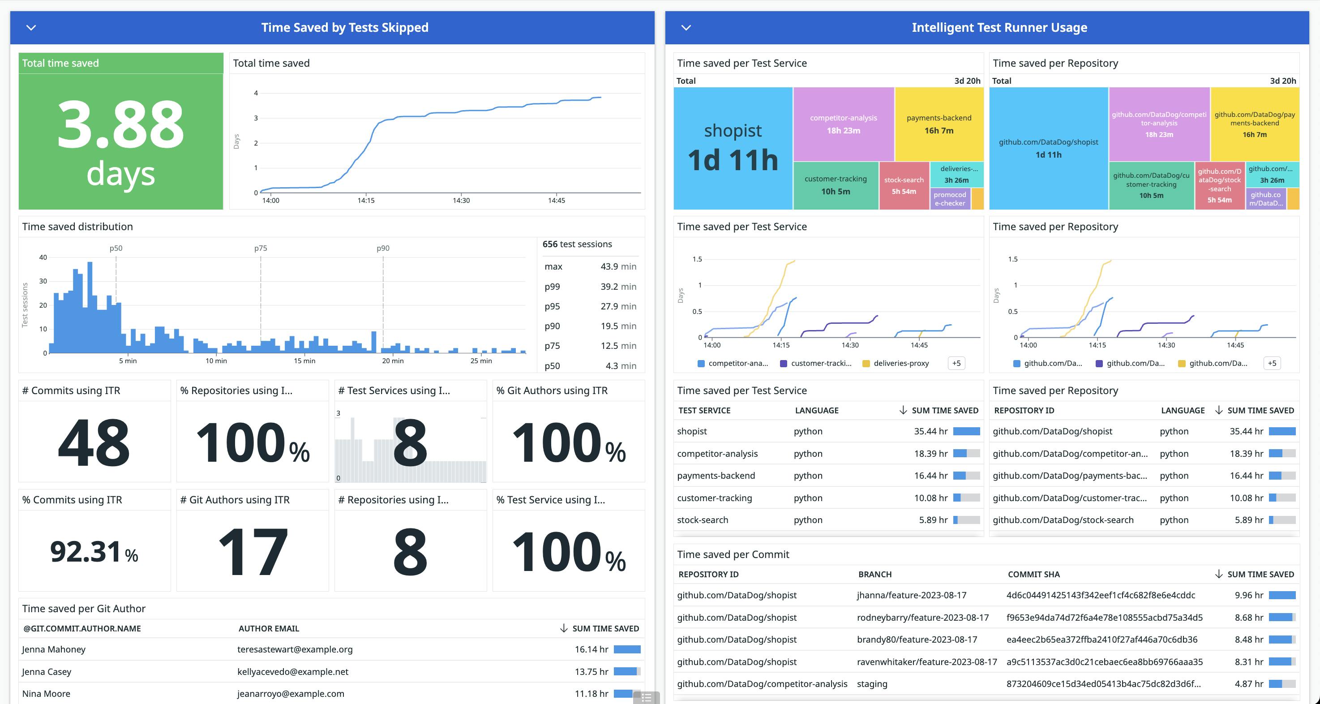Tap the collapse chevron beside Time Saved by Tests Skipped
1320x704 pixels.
pos(31,28)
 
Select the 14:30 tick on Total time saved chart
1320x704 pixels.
pos(461,200)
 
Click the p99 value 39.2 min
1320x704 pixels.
pos(618,287)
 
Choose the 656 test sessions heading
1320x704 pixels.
pos(577,245)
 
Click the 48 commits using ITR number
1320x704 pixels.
pos(94,442)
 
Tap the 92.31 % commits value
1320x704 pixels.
pos(94,552)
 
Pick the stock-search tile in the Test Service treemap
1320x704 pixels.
pos(904,185)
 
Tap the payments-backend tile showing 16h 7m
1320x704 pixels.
pos(939,124)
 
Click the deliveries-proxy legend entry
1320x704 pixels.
pos(900,363)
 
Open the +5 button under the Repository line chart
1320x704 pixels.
pos(1272,363)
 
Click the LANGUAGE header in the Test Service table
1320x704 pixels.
pos(816,410)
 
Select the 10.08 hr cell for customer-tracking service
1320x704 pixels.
pos(930,498)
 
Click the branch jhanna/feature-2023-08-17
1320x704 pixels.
pos(912,595)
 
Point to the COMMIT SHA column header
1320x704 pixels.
pos(1033,575)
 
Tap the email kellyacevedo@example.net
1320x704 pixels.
pos(292,672)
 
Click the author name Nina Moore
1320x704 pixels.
pos(46,694)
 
